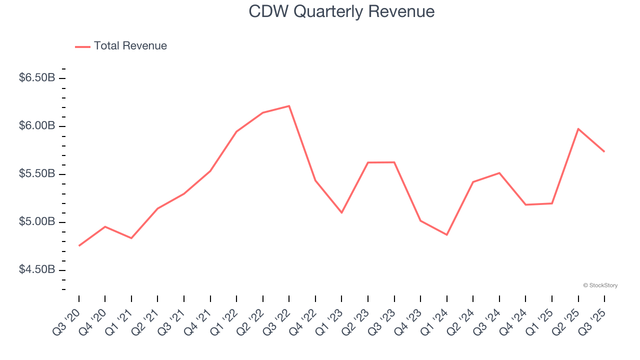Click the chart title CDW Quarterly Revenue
pyautogui.click(x=341, y=11)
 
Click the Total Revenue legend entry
pyautogui.click(x=121, y=46)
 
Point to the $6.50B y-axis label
pyautogui.click(x=37, y=78)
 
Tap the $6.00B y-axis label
pyautogui.click(x=37, y=126)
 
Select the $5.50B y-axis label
pyautogui.click(x=37, y=174)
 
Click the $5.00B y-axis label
pyautogui.click(x=37, y=222)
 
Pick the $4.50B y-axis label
pyautogui.click(x=37, y=270)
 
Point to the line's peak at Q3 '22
pyautogui.click(x=289, y=106)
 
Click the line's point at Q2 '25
pyautogui.click(x=578, y=129)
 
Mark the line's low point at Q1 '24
pyautogui.click(x=446, y=234)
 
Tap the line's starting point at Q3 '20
pyautogui.click(x=79, y=245)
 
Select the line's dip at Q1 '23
pyautogui.click(x=341, y=212)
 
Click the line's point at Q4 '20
pyautogui.click(x=105, y=226)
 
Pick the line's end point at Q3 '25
pyautogui.click(x=604, y=151)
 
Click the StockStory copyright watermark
pyautogui.click(x=600, y=285)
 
